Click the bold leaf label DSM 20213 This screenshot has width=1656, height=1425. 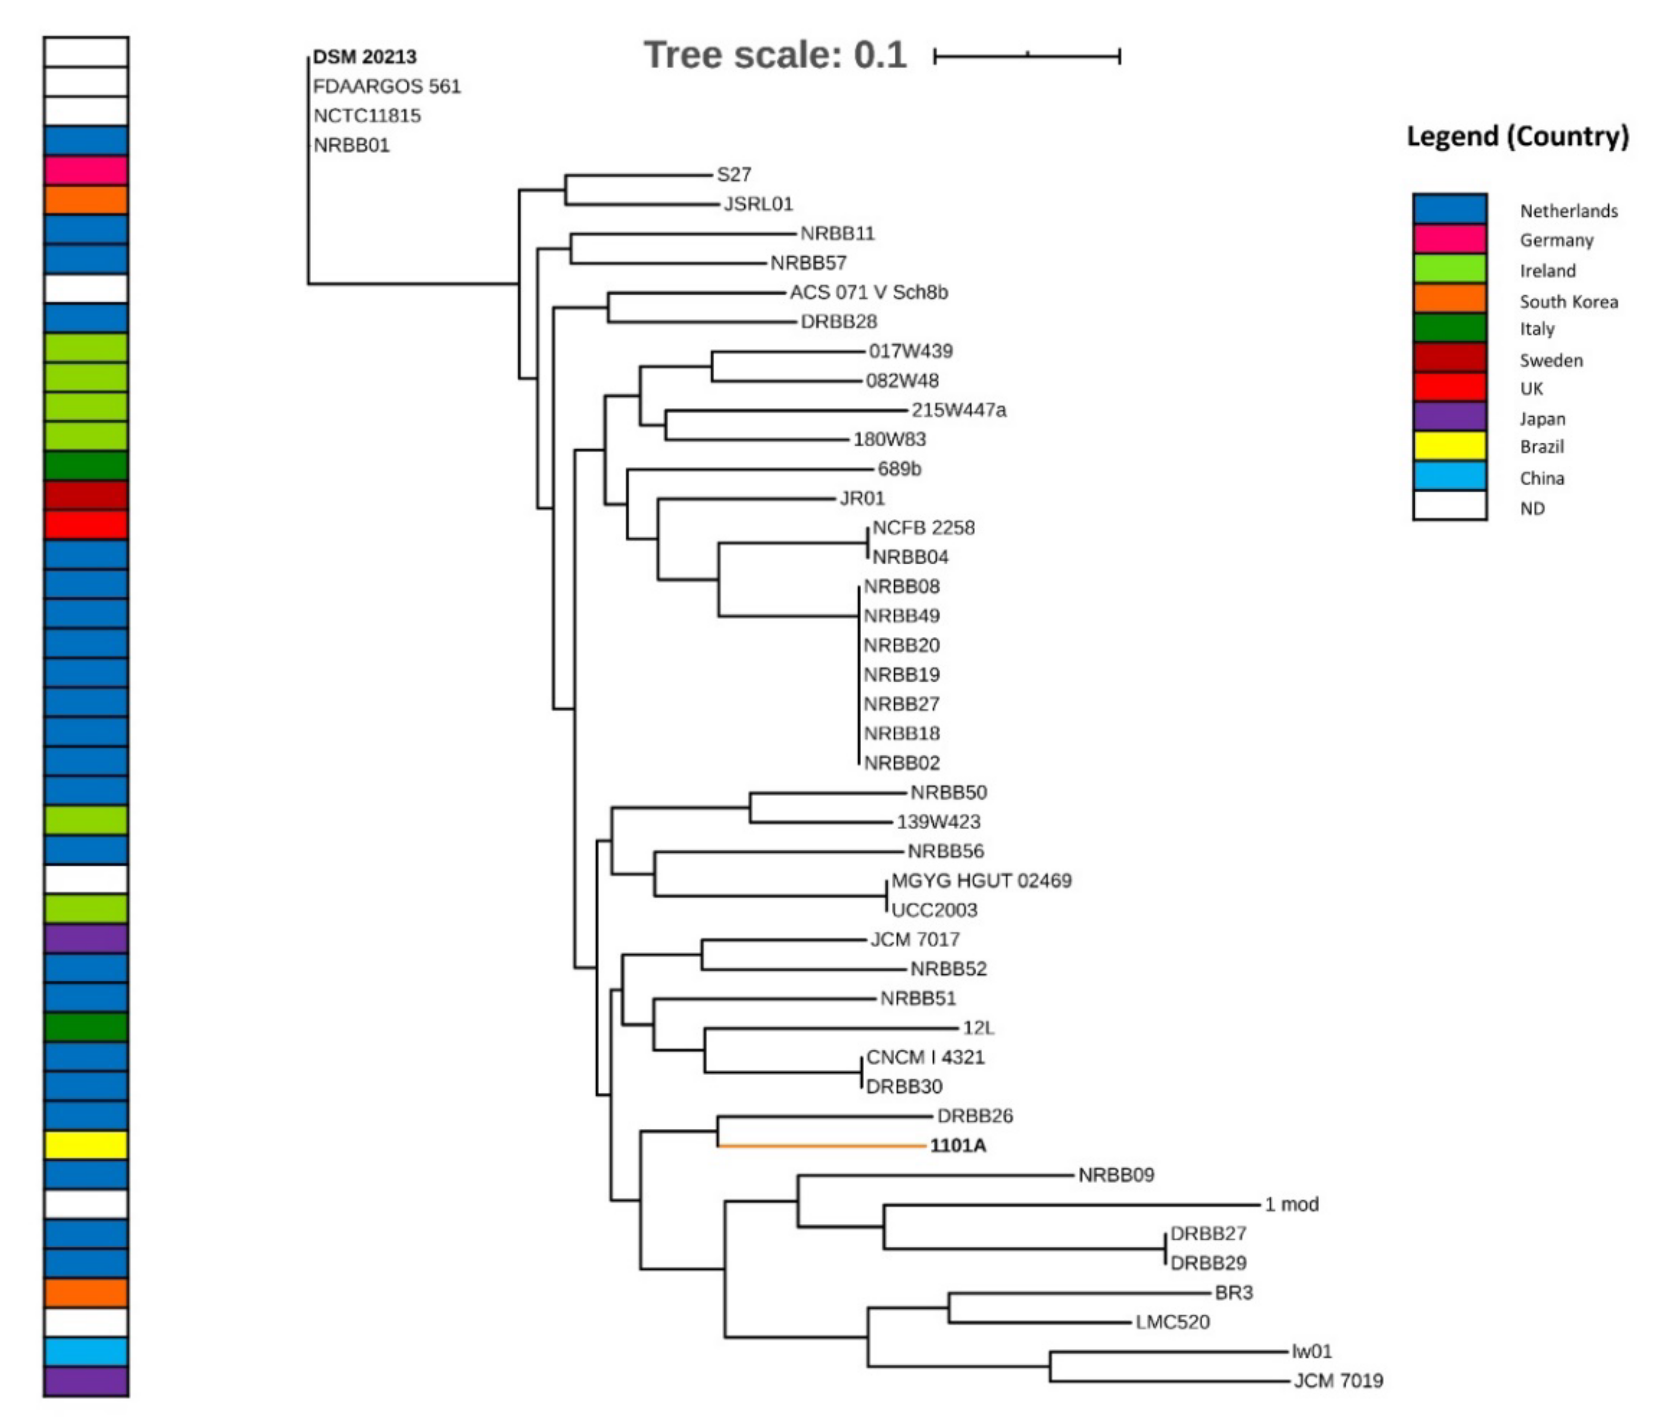tap(364, 57)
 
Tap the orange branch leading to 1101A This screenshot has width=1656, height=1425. tap(823, 1146)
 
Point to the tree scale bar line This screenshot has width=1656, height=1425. tap(1027, 56)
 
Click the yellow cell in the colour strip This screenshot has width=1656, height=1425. tap(86, 1145)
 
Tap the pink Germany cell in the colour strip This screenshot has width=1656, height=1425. tap(86, 170)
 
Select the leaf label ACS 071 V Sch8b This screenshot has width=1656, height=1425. tap(869, 293)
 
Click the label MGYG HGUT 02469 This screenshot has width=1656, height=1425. tap(981, 881)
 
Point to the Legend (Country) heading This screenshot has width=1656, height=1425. tap(1517, 136)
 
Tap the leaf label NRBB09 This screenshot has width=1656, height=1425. tap(1116, 1175)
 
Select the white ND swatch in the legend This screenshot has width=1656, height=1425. tap(1449, 506)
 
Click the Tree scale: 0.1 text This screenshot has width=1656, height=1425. tap(775, 55)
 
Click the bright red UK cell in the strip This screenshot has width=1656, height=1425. tap(86, 525)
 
